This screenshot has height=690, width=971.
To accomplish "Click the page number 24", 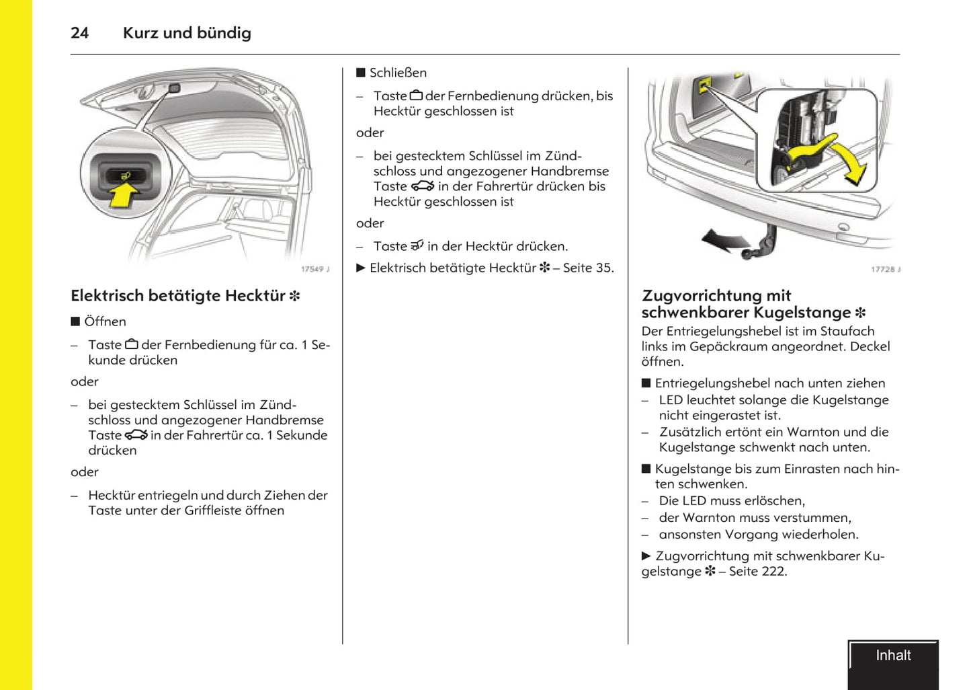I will [x=79, y=33].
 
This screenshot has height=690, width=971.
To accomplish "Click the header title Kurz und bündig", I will [x=187, y=33].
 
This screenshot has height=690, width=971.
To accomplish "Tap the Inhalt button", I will [x=892, y=656].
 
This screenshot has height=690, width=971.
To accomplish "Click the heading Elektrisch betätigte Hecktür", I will [x=179, y=296].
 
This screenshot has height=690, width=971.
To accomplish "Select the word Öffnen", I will [x=105, y=321].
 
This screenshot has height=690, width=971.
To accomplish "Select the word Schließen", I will [x=398, y=73].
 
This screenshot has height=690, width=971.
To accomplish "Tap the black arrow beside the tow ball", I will [x=724, y=239].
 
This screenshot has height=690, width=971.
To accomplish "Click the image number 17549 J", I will [x=314, y=269].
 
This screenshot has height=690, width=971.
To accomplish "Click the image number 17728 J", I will [x=885, y=269].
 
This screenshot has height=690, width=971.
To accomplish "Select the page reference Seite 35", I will [x=587, y=268].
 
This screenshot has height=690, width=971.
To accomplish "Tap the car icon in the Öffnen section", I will [x=136, y=435].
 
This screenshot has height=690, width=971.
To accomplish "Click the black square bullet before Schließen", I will [x=361, y=73].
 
